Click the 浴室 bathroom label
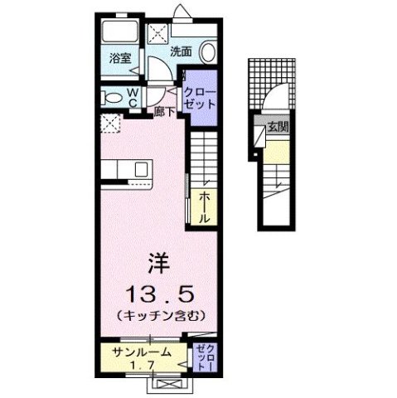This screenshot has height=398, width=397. pyautogui.click(x=119, y=58)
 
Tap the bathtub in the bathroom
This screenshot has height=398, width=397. pyautogui.click(x=118, y=35)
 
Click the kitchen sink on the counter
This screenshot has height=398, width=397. pyautogui.click(x=142, y=170)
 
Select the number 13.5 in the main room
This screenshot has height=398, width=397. pyautogui.click(x=158, y=293)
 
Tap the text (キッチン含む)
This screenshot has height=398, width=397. pyautogui.click(x=160, y=316)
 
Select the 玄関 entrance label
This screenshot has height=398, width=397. pyautogui.click(x=277, y=129)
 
